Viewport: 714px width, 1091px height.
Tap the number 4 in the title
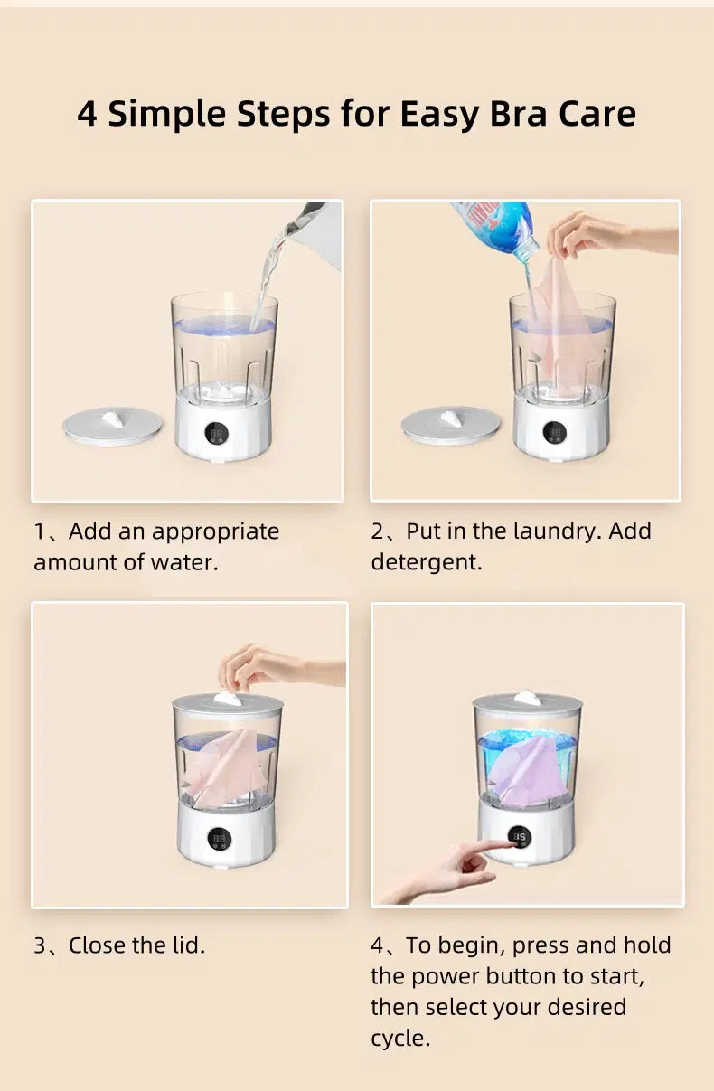point(87,114)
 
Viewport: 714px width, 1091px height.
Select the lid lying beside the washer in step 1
point(113,424)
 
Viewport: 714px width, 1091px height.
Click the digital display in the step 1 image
point(219,434)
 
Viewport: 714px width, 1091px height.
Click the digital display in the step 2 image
point(555,432)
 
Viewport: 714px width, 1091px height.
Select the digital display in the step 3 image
point(219,838)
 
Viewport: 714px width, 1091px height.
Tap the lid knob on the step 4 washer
point(527,697)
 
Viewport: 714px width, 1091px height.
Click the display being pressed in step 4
point(521,836)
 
